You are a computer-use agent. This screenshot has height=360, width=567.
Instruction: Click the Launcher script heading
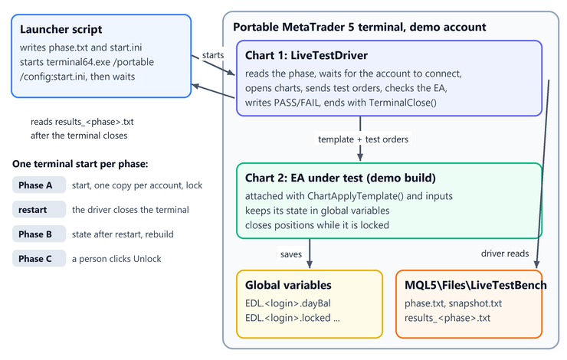[x=61, y=29]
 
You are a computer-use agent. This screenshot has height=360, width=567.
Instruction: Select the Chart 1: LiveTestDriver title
[x=306, y=55]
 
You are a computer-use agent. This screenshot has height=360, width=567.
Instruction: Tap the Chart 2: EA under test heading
[x=340, y=178]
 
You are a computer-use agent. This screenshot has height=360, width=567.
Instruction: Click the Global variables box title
[x=288, y=285]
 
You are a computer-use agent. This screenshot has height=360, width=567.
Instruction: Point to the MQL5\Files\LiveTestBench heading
[x=476, y=285]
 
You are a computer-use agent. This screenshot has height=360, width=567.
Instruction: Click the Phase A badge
[x=39, y=185]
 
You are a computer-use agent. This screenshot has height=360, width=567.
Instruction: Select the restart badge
[x=39, y=210]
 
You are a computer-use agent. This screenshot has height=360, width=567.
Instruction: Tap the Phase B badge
[x=39, y=234]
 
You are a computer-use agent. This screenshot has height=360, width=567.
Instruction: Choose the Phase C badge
[x=39, y=259]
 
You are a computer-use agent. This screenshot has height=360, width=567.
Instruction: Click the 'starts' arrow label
[x=213, y=55]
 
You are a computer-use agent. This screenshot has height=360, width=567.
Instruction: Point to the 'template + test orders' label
[x=363, y=139]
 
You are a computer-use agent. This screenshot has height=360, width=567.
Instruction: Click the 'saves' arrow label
[x=291, y=254]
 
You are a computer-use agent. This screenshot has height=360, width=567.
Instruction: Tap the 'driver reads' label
[x=505, y=254]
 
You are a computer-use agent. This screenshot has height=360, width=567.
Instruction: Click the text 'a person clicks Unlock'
[x=116, y=259]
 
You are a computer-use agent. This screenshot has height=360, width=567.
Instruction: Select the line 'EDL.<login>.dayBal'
[x=288, y=303]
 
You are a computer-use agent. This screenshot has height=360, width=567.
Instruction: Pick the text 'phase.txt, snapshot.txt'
[x=453, y=303]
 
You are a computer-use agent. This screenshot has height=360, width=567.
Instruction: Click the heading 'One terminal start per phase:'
[x=80, y=164]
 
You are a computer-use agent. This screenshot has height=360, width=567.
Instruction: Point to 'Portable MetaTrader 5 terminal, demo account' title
[x=359, y=27]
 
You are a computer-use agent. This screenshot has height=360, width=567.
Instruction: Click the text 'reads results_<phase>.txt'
[x=82, y=122]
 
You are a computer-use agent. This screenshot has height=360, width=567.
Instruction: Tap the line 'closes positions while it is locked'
[x=317, y=225]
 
